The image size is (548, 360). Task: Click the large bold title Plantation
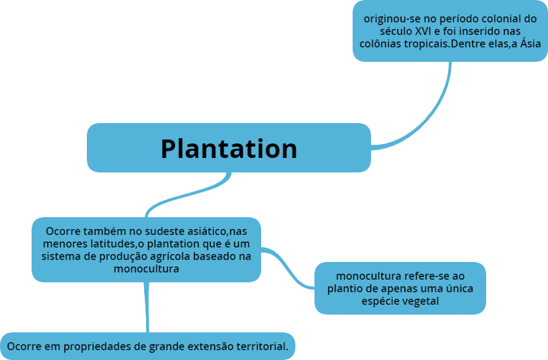pos(229,149)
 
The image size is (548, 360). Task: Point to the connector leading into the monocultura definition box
pos(289,267)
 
